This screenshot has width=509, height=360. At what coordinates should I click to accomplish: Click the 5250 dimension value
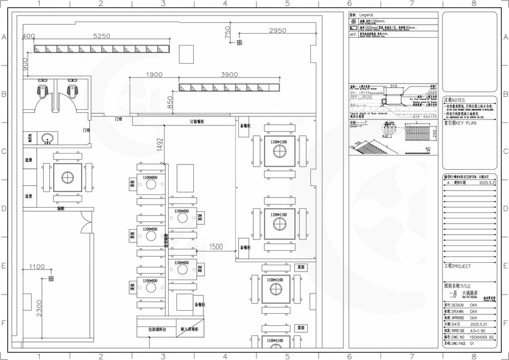click(x=102, y=37)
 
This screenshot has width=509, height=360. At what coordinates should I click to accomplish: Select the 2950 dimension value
click(x=277, y=30)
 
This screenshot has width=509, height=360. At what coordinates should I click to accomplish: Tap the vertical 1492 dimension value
click(x=160, y=144)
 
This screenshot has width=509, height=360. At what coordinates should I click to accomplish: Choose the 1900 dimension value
click(x=154, y=75)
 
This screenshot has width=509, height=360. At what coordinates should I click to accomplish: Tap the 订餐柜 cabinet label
click(x=197, y=121)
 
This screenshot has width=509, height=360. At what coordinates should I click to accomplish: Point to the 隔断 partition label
click(x=61, y=209)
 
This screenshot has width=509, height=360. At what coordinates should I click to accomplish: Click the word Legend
click(x=366, y=14)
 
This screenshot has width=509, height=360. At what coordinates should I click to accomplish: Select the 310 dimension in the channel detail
click(x=394, y=86)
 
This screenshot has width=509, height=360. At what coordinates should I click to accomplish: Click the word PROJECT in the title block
click(x=462, y=265)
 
